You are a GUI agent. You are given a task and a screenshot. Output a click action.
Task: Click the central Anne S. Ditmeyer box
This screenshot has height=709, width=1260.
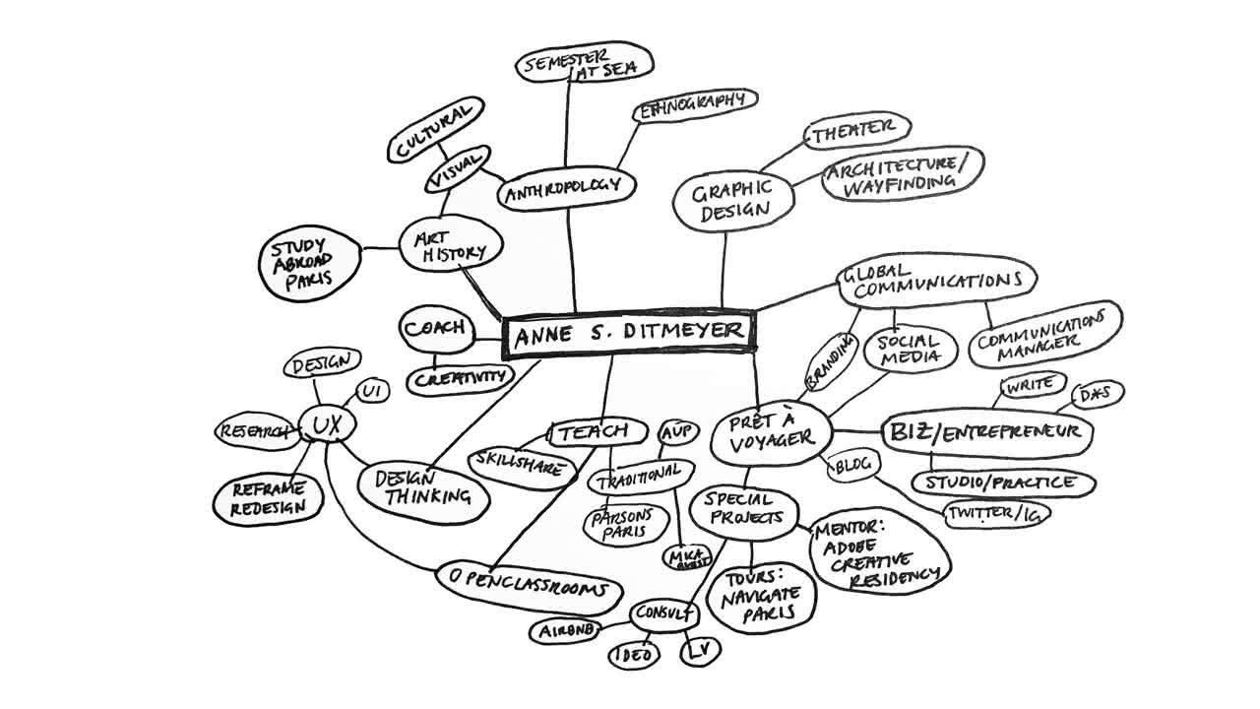pos(629,334)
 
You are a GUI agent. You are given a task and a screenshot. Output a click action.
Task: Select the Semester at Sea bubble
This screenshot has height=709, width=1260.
pos(584,65)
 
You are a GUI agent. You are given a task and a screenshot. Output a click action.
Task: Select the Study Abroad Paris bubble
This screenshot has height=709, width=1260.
pos(303,261)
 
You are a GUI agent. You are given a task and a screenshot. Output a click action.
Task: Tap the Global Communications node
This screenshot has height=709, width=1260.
pos(935,281)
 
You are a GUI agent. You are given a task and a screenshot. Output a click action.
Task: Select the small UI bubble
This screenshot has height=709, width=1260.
pos(371,391)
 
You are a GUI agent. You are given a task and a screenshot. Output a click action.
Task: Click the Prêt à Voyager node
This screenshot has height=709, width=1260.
pos(772,433)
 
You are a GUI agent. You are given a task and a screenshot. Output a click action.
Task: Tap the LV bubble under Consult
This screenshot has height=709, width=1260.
pos(698,651)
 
